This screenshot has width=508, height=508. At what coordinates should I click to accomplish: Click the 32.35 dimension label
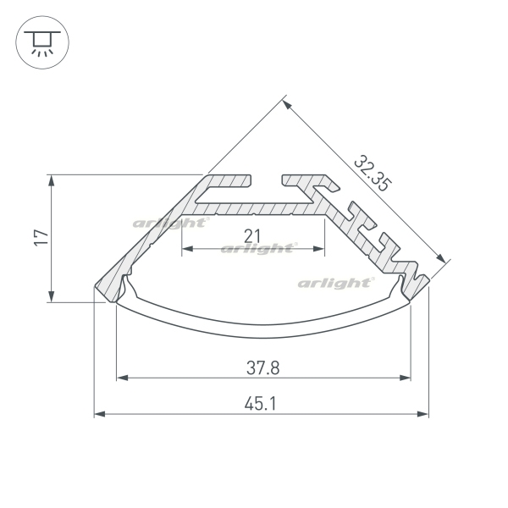click(373, 174)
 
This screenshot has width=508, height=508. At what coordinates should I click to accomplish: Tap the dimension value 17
click(41, 238)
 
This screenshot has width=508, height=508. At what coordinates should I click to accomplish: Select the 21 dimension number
click(252, 236)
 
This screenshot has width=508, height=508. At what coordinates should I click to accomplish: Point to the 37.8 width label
click(262, 368)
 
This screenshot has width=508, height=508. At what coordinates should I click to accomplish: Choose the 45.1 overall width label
click(261, 404)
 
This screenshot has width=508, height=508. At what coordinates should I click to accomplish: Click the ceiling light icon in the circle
click(42, 42)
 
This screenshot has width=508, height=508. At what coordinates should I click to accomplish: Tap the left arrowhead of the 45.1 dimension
click(99, 414)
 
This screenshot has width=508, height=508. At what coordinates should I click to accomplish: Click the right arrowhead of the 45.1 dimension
click(422, 414)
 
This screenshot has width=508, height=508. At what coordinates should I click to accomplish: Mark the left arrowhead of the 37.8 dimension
click(122, 378)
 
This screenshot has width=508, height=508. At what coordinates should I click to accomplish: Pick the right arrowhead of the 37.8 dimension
click(405, 378)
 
